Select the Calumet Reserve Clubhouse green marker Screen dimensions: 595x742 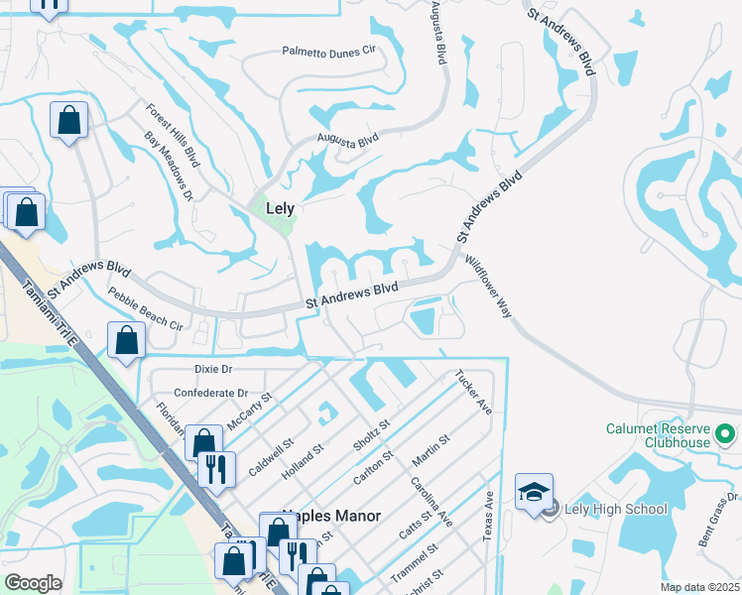725,434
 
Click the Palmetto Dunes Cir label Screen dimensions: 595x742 329,51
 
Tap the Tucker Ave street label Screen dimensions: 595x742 473,393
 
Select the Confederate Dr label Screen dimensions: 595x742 210,393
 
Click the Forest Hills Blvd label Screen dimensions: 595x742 174,137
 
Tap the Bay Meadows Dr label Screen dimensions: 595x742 168,166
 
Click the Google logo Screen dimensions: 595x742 33,583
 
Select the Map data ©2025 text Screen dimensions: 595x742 700,587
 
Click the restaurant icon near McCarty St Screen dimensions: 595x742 216,468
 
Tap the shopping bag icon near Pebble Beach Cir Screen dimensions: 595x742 127,341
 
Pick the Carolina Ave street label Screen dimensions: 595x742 432,503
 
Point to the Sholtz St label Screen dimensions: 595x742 372,435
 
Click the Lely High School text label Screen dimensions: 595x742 616,510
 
